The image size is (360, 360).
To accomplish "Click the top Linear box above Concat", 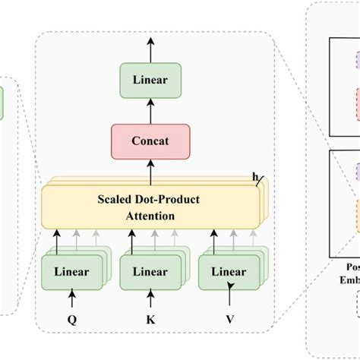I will coord(150,79).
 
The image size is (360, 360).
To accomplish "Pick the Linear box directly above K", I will coord(148,271).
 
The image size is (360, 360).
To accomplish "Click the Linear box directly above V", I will coord(229,271).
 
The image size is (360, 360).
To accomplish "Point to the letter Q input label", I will coord(72,320).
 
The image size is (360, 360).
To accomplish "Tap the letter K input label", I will coord(150,320).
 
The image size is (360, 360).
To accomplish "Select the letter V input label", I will coord(229,320).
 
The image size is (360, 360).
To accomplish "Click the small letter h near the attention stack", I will coord(255,178).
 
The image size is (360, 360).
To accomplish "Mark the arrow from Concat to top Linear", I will coord(150,110).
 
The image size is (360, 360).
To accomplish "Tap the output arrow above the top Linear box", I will coord(150,49).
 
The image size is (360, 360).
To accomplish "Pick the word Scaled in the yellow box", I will coord(115,200).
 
